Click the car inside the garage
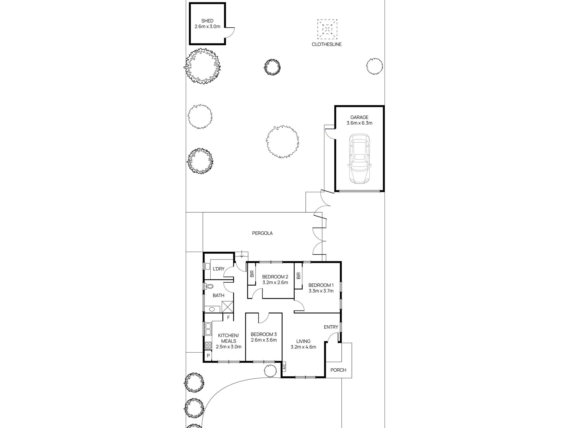359,159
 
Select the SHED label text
207,21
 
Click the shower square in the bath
228,306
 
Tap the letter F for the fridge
228,317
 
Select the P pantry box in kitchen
208,356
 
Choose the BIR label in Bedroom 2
252,274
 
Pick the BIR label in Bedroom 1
298,275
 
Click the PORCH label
338,370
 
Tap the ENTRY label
331,327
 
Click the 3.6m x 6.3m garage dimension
359,123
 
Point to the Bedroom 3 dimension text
263,340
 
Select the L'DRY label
218,269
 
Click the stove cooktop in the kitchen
208,345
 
